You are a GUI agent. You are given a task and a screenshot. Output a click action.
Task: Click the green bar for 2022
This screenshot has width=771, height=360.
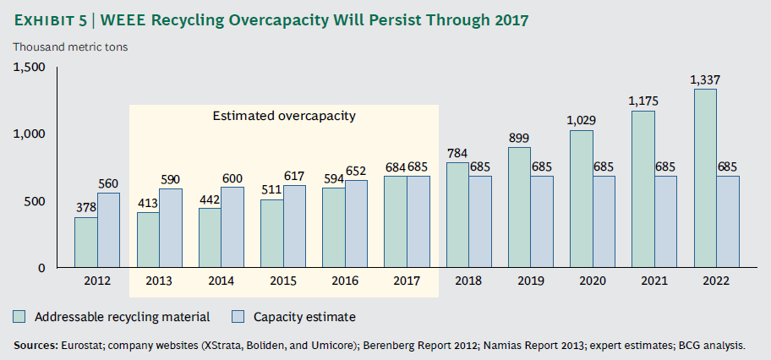tap(704, 178)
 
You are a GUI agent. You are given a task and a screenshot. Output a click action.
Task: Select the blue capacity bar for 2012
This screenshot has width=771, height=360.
tap(107, 230)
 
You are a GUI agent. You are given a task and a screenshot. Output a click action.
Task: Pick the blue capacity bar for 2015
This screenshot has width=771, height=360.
tap(294, 226)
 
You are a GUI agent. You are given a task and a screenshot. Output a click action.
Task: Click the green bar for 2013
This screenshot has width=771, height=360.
tap(149, 240)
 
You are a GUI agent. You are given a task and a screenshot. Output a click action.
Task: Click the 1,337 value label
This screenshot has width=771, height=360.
tap(704, 80)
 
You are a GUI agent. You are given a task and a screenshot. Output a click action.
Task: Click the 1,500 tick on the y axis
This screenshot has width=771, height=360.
tap(30, 67)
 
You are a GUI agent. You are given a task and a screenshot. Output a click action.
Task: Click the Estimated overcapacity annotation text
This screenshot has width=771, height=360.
tap(283, 116)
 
